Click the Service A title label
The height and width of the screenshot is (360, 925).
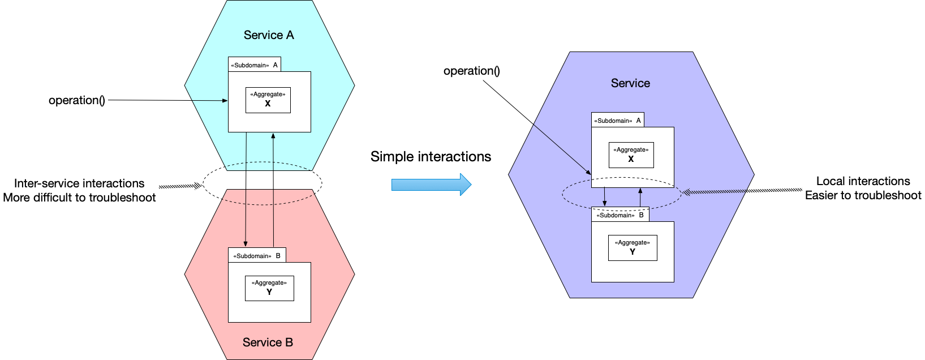(269, 35)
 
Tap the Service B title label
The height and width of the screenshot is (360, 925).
(268, 342)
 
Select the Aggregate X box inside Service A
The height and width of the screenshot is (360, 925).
(268, 100)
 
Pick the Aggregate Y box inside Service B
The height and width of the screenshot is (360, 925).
(269, 288)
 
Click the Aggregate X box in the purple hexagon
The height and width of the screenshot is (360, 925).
(631, 155)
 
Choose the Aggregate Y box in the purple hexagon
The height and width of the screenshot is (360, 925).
(632, 248)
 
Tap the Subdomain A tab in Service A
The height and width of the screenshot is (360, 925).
(255, 65)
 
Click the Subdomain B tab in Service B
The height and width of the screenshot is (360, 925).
(257, 255)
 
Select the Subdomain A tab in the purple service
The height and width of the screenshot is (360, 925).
(617, 120)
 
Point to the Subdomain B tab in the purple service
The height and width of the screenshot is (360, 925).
(620, 215)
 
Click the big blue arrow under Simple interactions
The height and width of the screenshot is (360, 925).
(431, 185)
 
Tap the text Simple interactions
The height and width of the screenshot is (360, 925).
(431, 157)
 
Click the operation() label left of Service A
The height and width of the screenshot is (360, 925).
(77, 100)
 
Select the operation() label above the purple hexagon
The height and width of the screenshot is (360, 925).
(472, 71)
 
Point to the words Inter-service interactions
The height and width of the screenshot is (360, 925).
(79, 183)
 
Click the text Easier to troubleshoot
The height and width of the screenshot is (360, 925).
(863, 195)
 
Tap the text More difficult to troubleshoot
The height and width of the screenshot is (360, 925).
(79, 198)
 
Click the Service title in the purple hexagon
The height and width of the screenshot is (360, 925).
(630, 83)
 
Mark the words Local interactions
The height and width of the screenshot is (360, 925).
(863, 181)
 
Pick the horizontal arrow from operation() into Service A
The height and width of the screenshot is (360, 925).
(167, 100)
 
